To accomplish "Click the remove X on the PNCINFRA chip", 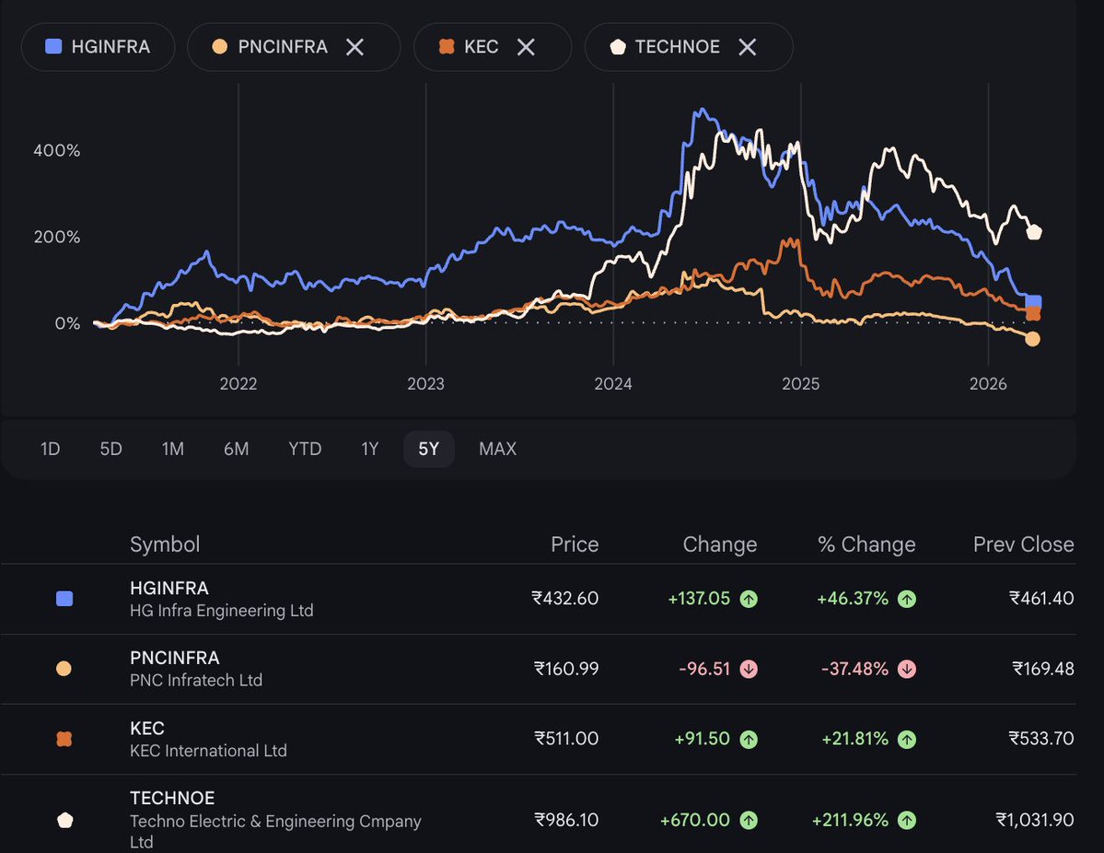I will [354, 47].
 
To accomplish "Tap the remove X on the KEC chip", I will [526, 47].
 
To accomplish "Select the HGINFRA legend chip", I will [98, 47].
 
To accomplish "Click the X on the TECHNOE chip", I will [748, 47].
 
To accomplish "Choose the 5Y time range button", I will [428, 449].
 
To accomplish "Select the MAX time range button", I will [497, 449].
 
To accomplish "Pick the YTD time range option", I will [305, 449].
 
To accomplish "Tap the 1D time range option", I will [51, 449].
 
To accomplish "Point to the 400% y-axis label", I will [57, 150].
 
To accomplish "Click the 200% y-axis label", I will [57, 237].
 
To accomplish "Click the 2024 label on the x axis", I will [613, 384].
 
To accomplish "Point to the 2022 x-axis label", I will [238, 384].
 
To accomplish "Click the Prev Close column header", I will [1023, 544].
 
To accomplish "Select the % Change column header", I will [866, 544].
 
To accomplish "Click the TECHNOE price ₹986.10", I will [566, 819].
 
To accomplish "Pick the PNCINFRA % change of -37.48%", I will [854, 669].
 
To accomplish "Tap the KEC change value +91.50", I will [703, 739].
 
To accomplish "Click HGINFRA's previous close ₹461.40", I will [1041, 599].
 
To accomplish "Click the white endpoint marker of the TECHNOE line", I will [1034, 232].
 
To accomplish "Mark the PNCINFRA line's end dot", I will [1032, 339].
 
